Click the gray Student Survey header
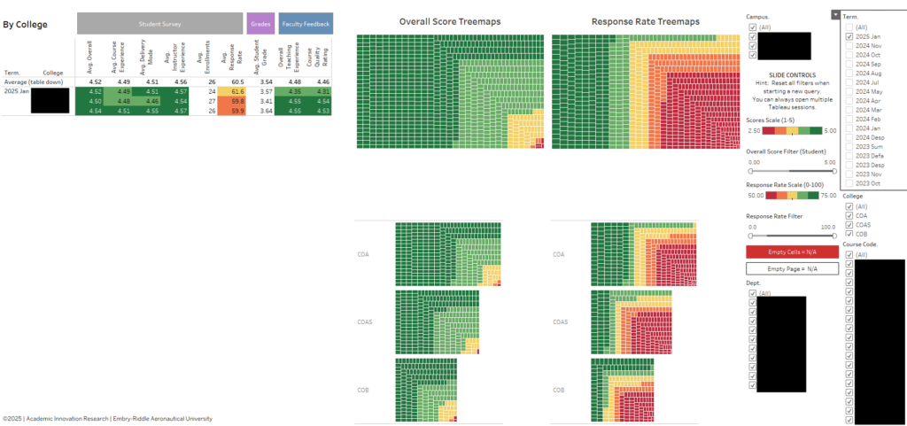(x=159, y=24)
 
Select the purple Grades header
(x=260, y=24)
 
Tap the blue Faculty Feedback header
(x=306, y=24)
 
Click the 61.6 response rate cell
(x=236, y=91)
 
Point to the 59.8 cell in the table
(x=236, y=101)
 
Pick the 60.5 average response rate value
(x=236, y=81)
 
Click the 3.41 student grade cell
(x=263, y=101)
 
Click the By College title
(x=26, y=25)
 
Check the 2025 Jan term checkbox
(x=849, y=36)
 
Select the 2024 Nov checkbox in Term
(x=849, y=46)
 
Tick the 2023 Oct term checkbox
(x=849, y=183)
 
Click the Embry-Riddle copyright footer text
(x=107, y=418)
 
